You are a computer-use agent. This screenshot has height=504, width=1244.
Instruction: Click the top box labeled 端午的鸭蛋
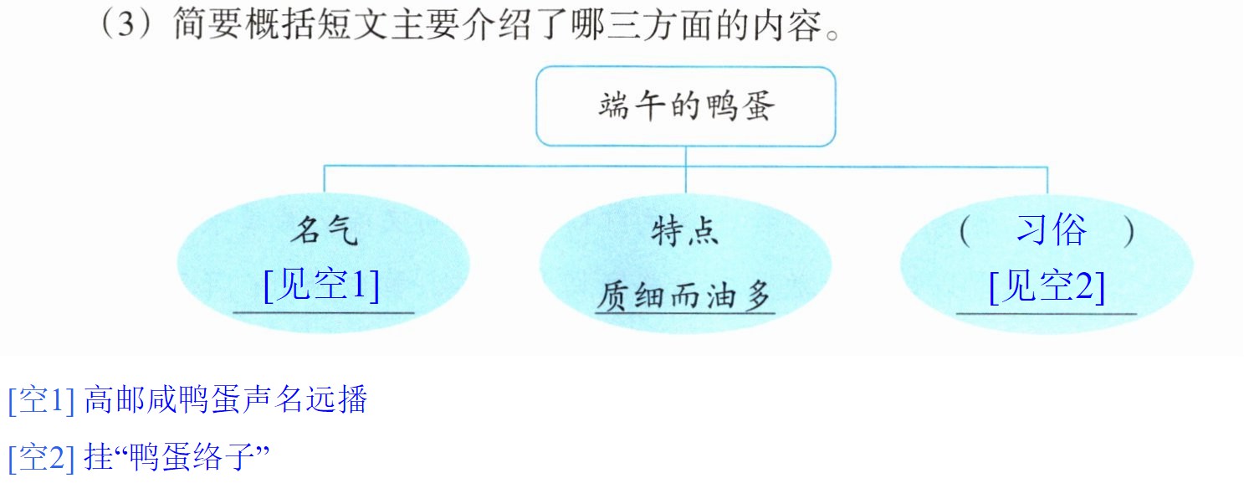[686, 106]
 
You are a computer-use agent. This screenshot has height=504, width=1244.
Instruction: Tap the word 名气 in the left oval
[325, 230]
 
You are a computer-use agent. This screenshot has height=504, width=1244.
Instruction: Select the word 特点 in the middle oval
[685, 231]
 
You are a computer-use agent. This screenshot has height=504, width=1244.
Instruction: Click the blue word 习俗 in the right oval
[1052, 229]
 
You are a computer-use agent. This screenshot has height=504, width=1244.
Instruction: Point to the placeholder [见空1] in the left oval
[321, 285]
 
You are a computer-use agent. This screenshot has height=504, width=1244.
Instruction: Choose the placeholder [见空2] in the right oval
[1047, 286]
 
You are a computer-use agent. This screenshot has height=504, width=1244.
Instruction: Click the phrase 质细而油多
[684, 295]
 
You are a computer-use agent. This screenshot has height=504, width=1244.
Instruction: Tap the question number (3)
[127, 24]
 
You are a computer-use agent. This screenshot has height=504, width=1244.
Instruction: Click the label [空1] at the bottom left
[42, 399]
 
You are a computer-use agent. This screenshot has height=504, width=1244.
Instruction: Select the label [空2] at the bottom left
[42, 457]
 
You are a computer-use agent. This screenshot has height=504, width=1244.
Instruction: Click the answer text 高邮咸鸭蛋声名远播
[226, 399]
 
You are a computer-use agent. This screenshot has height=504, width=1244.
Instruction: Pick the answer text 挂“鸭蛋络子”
[177, 457]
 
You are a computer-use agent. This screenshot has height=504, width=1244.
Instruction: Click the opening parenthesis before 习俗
[965, 231]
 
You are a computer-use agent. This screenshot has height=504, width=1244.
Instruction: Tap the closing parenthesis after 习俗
[1129, 231]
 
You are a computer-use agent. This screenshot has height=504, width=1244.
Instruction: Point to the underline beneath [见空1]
[324, 313]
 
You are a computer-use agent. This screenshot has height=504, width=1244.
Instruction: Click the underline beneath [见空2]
[1047, 314]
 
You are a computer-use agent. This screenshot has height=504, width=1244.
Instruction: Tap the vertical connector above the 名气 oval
[325, 179]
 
